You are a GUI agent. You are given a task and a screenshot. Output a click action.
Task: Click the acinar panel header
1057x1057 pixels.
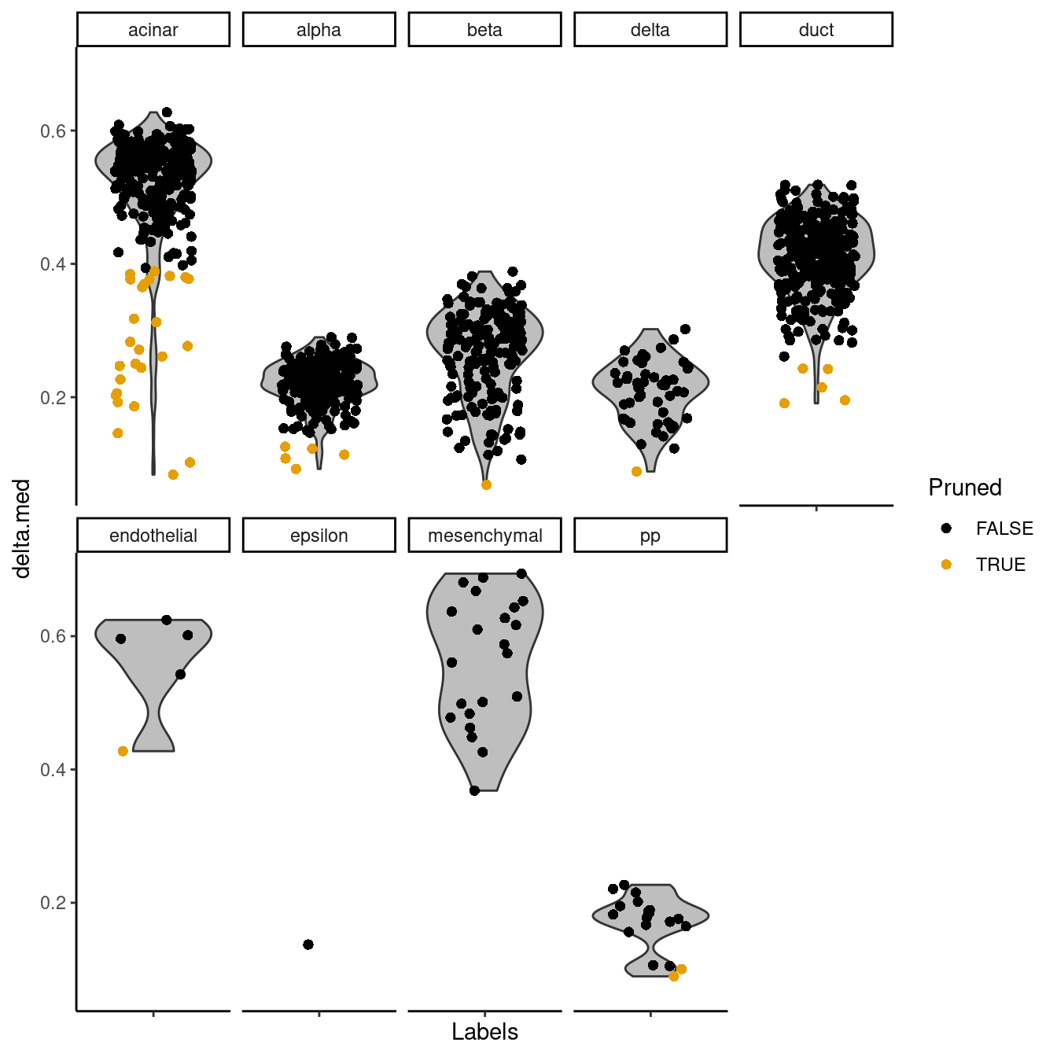[x=153, y=30]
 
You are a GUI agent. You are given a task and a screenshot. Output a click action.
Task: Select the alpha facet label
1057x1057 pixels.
[x=319, y=30]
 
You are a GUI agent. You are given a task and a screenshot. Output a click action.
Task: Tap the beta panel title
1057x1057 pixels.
[x=484, y=30]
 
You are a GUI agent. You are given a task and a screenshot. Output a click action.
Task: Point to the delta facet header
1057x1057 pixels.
[x=650, y=30]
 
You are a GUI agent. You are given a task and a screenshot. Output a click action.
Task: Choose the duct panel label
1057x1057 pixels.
[x=816, y=30]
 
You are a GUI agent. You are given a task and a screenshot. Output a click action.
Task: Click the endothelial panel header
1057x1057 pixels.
[x=153, y=536]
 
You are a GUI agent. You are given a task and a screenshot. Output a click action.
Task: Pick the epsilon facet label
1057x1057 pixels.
[x=319, y=536]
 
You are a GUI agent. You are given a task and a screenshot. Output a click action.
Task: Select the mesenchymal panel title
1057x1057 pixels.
[x=484, y=536]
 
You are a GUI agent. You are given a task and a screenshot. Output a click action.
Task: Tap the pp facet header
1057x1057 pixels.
[x=650, y=536]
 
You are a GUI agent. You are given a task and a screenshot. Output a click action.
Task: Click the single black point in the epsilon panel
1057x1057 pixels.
[x=308, y=944]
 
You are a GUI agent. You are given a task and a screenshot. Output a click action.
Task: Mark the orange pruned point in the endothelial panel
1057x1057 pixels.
[x=123, y=751]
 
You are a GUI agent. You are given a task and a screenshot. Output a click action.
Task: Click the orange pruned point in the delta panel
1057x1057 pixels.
[x=636, y=471]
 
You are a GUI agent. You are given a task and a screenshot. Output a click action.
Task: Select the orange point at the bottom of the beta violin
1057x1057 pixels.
[x=486, y=484]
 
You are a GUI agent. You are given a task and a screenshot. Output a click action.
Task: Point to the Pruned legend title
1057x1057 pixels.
[x=965, y=488]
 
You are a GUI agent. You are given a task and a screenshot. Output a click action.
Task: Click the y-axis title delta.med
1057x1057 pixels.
[x=22, y=528]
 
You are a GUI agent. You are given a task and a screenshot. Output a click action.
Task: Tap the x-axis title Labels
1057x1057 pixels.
[x=484, y=1032]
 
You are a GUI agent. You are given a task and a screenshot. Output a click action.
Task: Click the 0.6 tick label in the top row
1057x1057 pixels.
[x=53, y=131]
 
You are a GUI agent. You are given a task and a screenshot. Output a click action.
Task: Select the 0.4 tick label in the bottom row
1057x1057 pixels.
[x=53, y=769]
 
